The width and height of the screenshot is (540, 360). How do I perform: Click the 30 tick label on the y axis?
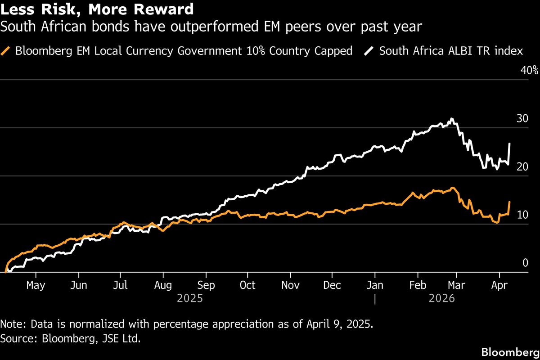[522, 119]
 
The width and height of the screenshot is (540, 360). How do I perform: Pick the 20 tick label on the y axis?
[522, 167]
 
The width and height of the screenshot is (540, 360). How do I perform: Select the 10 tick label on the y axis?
[522, 215]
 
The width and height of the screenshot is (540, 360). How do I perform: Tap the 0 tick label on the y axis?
[524, 263]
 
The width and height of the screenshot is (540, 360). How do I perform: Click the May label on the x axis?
[36, 285]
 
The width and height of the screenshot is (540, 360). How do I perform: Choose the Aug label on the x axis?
[163, 285]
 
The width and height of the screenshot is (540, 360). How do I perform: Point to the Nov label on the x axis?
[290, 285]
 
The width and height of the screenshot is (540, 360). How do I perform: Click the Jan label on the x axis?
[375, 285]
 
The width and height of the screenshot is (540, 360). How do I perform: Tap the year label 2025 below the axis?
[190, 298]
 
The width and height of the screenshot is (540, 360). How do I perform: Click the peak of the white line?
[452, 119]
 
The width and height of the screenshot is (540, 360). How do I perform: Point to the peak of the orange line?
[452, 188]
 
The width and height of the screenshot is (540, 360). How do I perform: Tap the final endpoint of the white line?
[509, 144]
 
